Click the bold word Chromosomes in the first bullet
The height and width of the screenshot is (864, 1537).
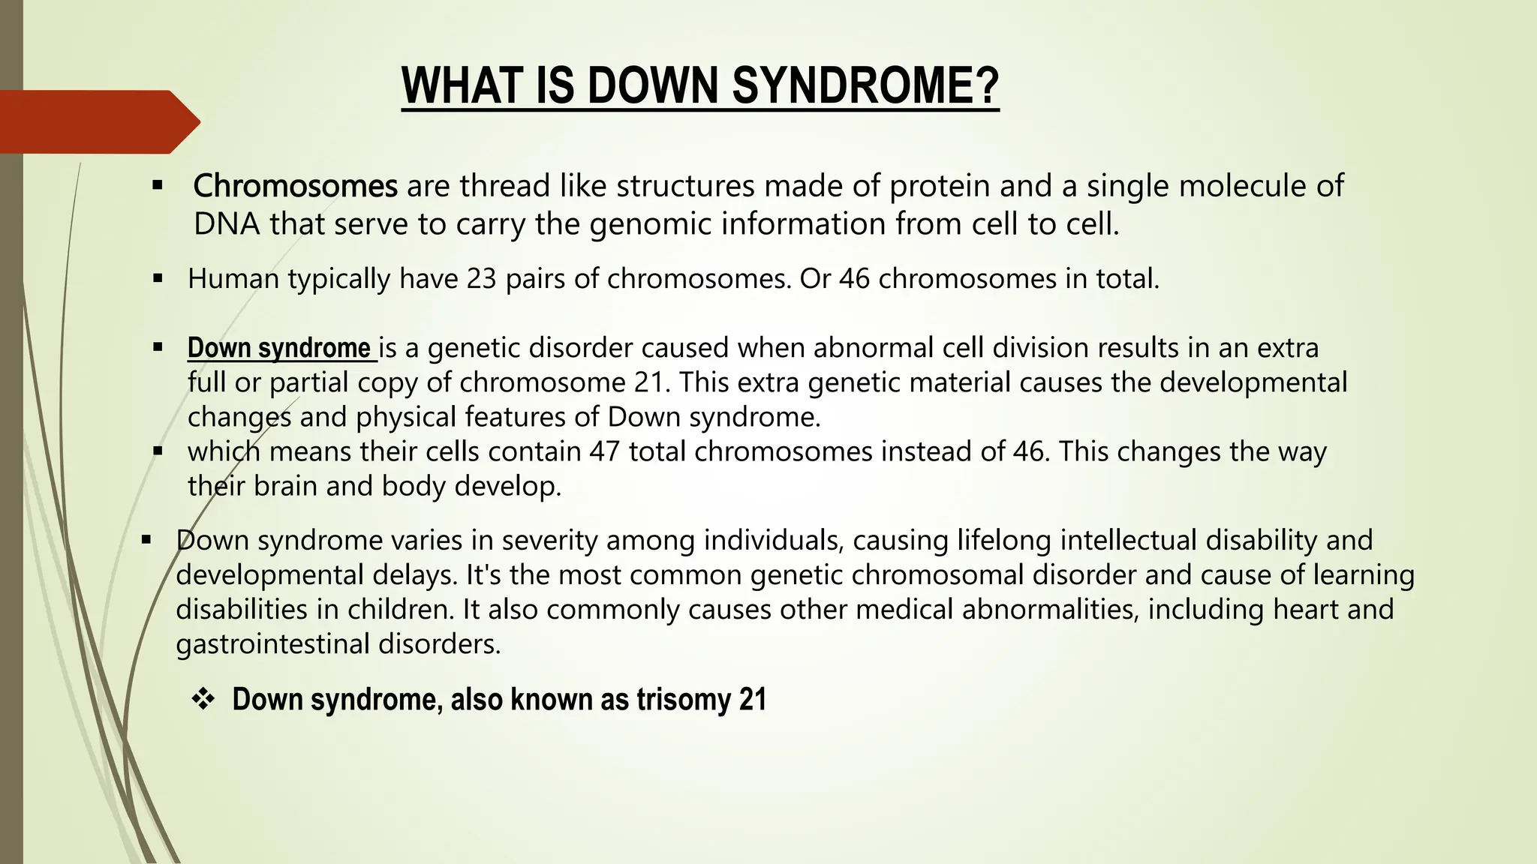click(295, 186)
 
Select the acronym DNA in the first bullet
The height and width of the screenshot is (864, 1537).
click(227, 224)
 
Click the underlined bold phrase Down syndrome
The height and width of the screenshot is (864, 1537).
click(279, 348)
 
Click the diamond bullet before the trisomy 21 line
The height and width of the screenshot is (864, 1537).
click(203, 700)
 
